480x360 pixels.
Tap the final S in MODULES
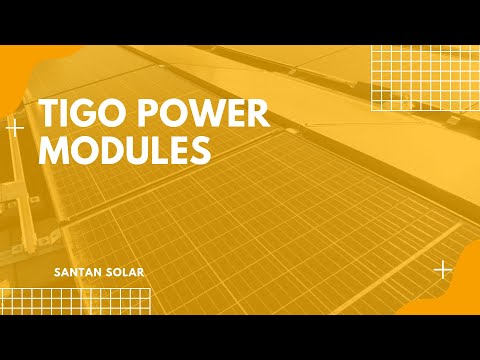click(199, 150)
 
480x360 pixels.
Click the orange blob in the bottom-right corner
click(455, 300)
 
